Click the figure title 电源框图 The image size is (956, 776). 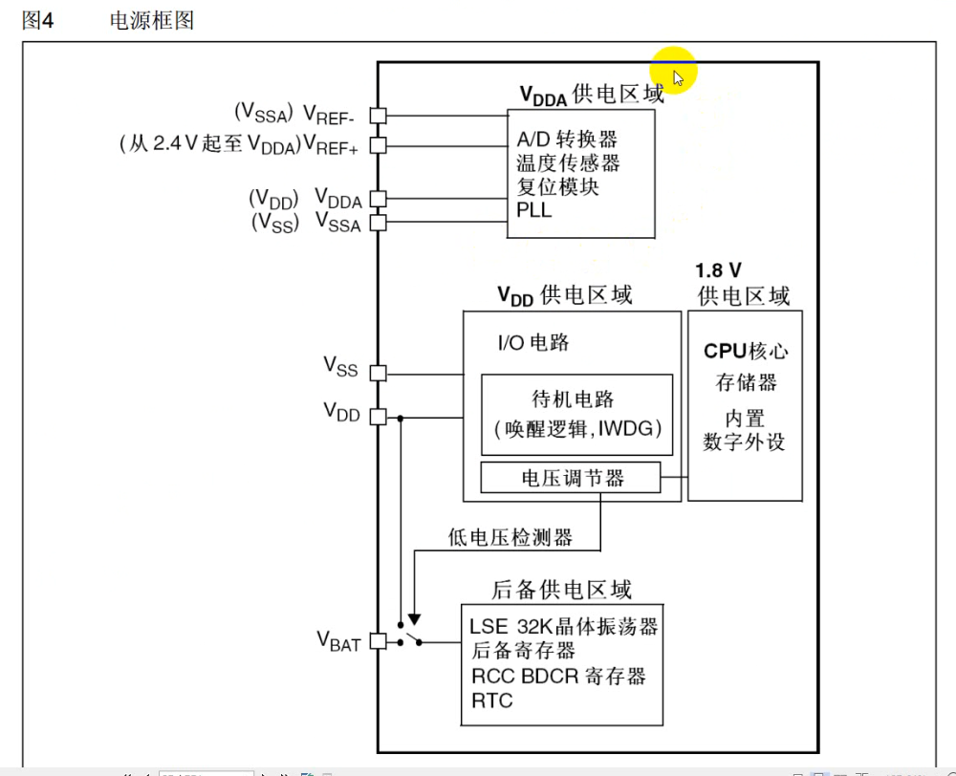[x=152, y=20]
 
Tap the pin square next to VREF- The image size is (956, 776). [x=378, y=115]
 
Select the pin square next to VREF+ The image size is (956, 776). [x=378, y=145]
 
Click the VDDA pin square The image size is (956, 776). [x=378, y=199]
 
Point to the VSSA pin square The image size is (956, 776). [x=378, y=223]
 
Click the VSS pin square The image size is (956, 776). [x=378, y=373]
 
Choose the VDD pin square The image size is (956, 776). [x=378, y=417]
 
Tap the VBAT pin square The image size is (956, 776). [x=378, y=641]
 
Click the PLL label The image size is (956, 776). [x=534, y=210]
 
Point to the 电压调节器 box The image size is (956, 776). [x=571, y=478]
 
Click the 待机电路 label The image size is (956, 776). [x=573, y=400]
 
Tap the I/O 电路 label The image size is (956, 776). [x=532, y=342]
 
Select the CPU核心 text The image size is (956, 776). [x=746, y=351]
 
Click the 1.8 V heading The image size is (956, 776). [x=719, y=270]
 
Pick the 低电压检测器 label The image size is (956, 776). [x=510, y=538]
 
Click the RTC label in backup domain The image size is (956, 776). [x=491, y=701]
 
